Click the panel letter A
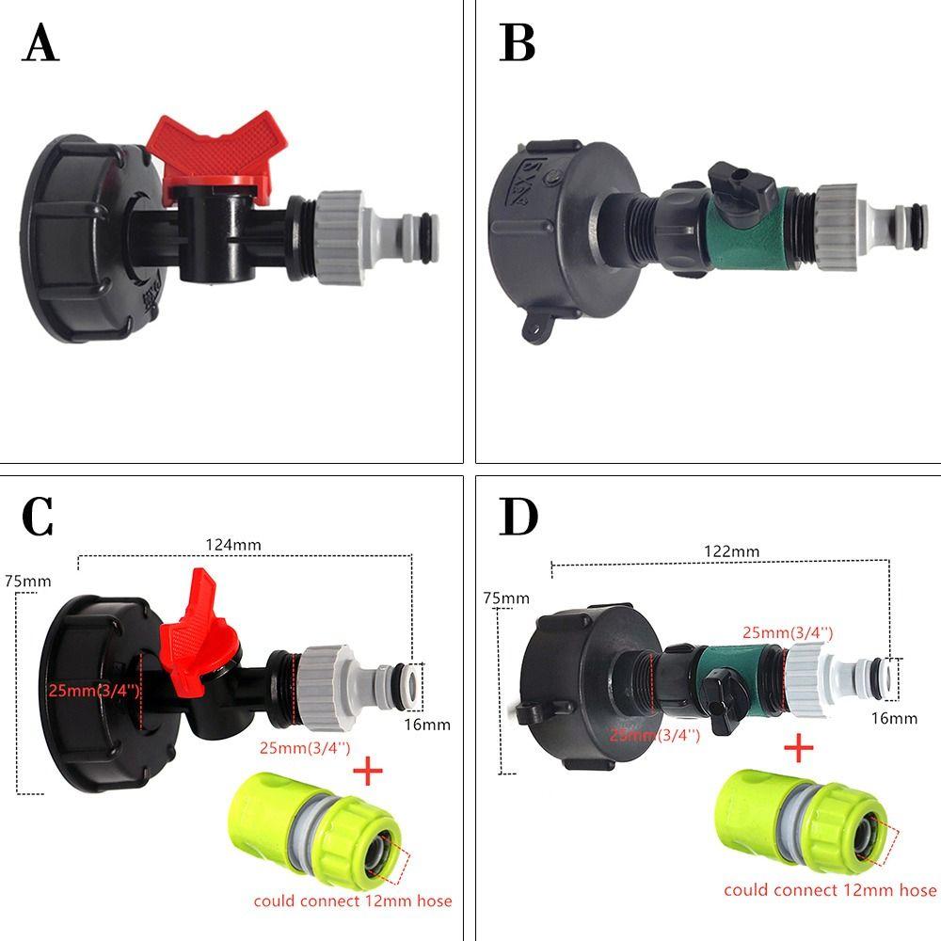[40, 44]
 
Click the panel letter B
[518, 44]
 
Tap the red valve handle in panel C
[199, 640]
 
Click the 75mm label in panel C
[28, 581]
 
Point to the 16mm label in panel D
[894, 718]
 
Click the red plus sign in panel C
[367, 774]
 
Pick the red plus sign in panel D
[798, 749]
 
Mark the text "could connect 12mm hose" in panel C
[353, 901]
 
